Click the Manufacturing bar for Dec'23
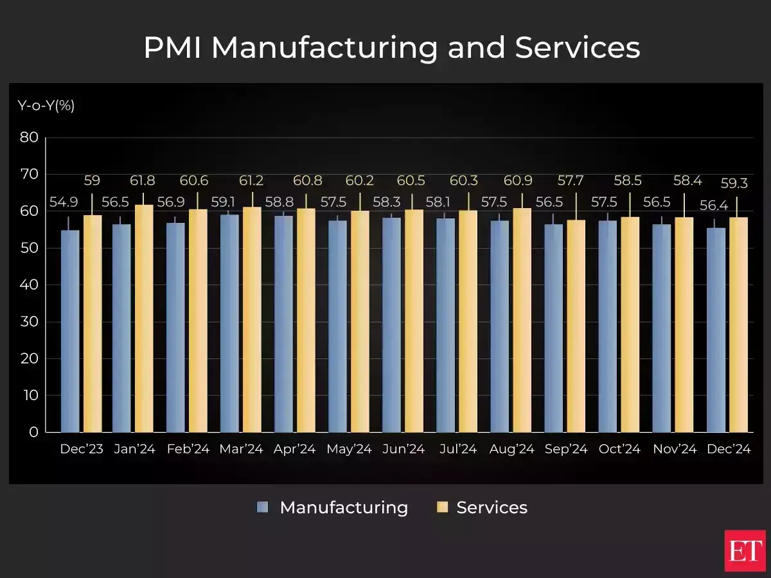[70, 331]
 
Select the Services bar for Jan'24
[144, 319]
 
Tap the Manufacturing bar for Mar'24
[229, 323]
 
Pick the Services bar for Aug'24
[522, 320]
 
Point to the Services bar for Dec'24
[738, 324]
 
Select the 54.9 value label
[62, 203]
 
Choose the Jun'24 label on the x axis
[403, 450]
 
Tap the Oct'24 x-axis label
[619, 450]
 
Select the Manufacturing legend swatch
[262, 507]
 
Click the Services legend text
[492, 507]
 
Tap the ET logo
[745, 550]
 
